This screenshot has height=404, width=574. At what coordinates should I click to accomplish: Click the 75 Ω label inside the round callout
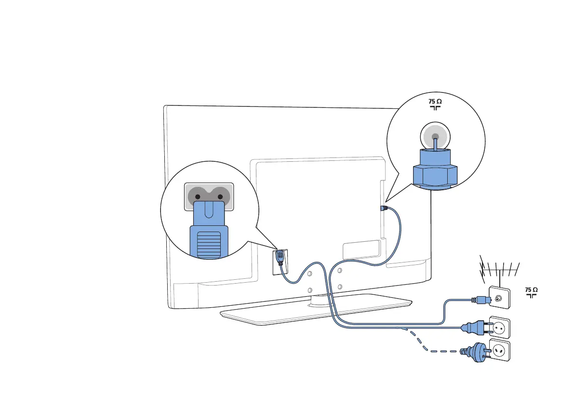click(x=435, y=104)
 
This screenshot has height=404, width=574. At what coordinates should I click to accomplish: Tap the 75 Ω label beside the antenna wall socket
click(x=531, y=292)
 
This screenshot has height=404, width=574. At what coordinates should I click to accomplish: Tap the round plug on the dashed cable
click(x=474, y=351)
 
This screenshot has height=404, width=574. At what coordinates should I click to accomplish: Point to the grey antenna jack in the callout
click(x=435, y=137)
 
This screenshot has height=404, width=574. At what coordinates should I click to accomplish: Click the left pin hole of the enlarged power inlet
click(x=198, y=197)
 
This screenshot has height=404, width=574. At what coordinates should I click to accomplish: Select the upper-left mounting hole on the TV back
click(x=309, y=273)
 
